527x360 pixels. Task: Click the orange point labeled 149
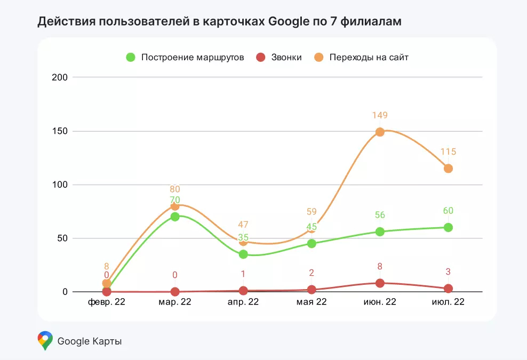tap(380, 132)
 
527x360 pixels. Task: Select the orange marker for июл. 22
tap(448, 169)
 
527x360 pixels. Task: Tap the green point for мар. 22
tap(175, 217)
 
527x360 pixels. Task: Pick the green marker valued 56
tap(380, 231)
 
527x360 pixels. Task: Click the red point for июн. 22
tap(380, 283)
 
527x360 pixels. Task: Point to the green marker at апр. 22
tap(243, 254)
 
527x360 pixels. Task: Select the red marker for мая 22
tap(312, 290)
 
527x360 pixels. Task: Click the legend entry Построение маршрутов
tap(185, 57)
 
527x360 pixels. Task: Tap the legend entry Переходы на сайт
tap(361, 57)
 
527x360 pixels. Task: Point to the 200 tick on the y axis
tap(60, 77)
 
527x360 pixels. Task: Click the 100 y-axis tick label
tap(60, 185)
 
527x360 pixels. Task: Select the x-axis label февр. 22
tap(107, 302)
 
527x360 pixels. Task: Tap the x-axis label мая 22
tap(312, 302)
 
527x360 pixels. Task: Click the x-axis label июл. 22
tap(448, 302)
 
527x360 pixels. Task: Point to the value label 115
tap(448, 152)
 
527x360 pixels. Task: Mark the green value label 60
tap(448, 211)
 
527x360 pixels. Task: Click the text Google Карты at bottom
tap(90, 341)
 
